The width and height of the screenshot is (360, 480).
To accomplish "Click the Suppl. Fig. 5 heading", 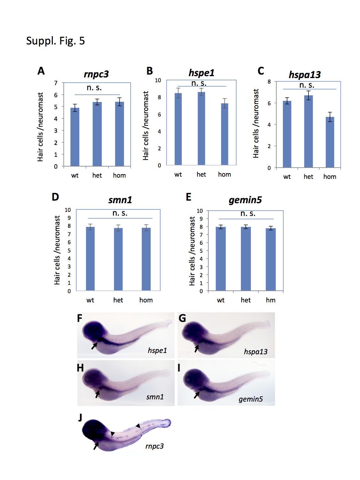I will click(55, 41).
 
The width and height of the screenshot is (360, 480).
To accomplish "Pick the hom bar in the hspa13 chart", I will click(330, 142).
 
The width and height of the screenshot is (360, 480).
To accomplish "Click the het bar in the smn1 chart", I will click(118, 259).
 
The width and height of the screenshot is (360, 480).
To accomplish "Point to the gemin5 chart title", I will click(245, 200).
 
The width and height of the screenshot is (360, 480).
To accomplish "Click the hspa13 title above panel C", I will click(305, 75).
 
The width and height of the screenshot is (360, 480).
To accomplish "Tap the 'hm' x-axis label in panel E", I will click(270, 300).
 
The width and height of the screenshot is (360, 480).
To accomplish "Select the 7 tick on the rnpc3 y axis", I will click(56, 83).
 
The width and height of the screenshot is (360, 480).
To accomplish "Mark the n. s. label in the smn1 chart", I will click(120, 213).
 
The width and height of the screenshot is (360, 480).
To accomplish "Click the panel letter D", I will click(55, 197).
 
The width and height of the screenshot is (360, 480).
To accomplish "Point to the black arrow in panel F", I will click(94, 346).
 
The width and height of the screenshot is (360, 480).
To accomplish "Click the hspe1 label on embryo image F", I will click(157, 350).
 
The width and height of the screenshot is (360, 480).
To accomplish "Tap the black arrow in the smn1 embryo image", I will click(97, 394).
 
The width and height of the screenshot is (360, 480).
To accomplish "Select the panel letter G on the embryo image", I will click(182, 318).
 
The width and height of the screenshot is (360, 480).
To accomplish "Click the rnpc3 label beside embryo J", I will click(154, 446).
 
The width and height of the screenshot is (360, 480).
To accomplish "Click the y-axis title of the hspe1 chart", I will click(146, 125).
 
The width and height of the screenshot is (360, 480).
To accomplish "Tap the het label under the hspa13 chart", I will click(308, 177).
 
